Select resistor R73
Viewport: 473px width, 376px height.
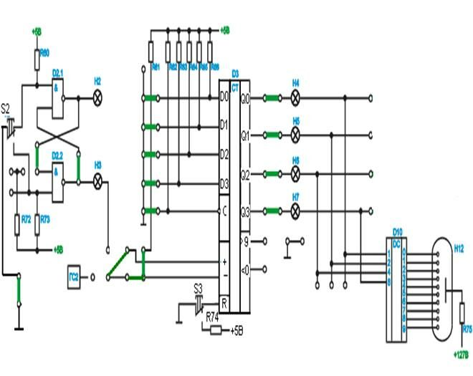pyautogui.click(x=36, y=225)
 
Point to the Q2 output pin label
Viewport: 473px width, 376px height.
pyautogui.click(x=245, y=173)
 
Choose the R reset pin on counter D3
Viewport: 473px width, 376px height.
pyautogui.click(x=224, y=302)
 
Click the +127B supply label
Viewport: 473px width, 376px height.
pyautogui.click(x=461, y=354)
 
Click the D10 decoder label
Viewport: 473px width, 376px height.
pyautogui.click(x=397, y=231)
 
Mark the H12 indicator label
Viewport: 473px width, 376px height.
pyautogui.click(x=459, y=247)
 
